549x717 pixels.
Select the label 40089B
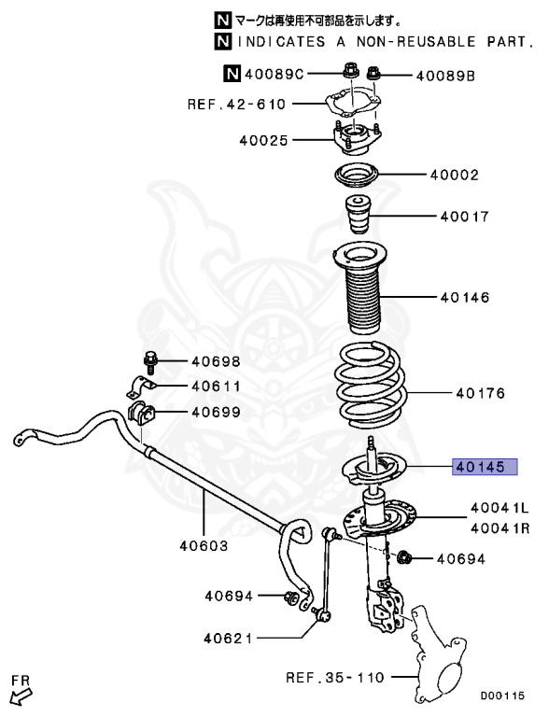coord(445,75)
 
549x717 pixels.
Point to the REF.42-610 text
coord(236,105)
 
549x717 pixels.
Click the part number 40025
coord(263,140)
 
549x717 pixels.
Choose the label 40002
coord(454,175)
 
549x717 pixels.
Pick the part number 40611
coord(216,387)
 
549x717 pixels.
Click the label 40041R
coord(500,528)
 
